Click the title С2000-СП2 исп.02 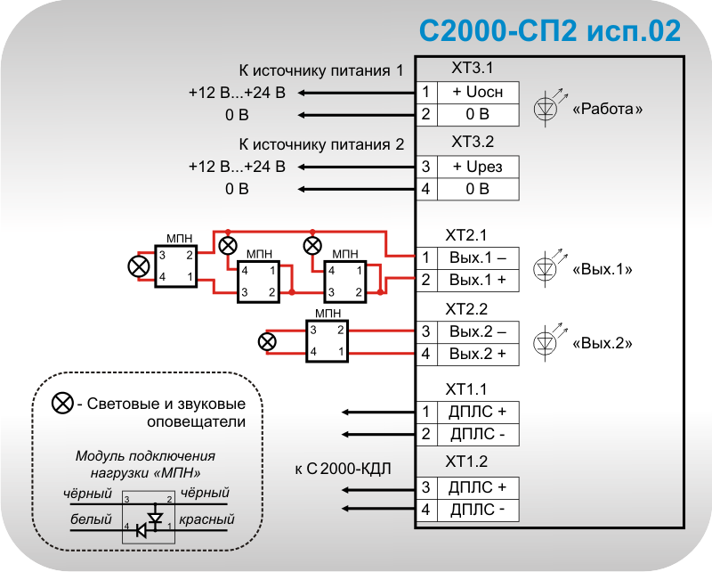coord(550,31)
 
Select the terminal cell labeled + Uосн coord(478,93)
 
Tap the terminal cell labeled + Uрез coord(478,167)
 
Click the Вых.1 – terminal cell coord(478,257)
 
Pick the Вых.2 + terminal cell coord(478,354)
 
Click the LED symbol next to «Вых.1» coord(546,268)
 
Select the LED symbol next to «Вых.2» coord(546,342)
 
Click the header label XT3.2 coord(472,142)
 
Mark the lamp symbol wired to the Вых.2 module coord(266,341)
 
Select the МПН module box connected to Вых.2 coord(328,341)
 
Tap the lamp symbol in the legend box coord(62,404)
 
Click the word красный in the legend coord(205,519)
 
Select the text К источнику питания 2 coord(321,144)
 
